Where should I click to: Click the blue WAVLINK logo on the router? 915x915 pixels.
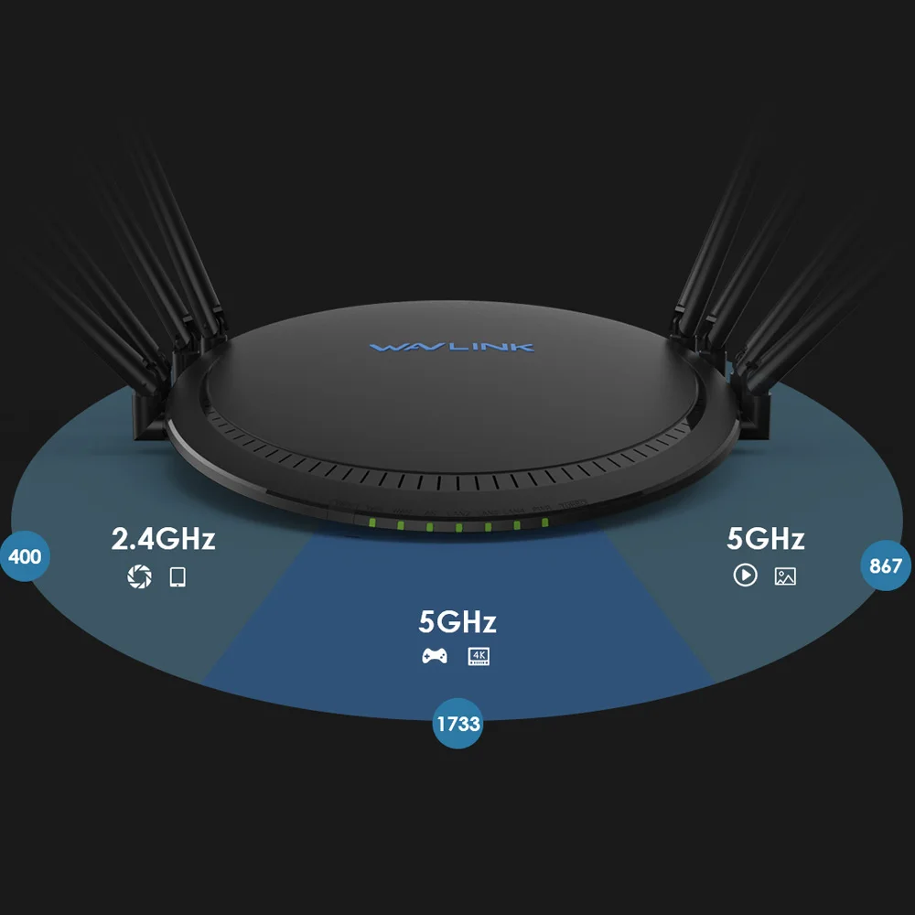[x=452, y=348]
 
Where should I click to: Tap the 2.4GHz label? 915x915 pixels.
[x=163, y=538]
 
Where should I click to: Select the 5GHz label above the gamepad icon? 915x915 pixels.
[x=457, y=622]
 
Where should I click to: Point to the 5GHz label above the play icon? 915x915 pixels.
[x=766, y=539]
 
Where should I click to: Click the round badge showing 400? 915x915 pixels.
[x=24, y=555]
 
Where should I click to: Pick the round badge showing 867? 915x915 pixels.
[x=886, y=565]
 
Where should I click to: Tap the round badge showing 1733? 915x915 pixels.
[x=457, y=724]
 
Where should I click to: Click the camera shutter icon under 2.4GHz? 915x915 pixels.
[x=139, y=576]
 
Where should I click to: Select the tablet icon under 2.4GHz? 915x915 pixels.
[x=178, y=576]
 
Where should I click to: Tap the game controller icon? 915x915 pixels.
[x=434, y=656]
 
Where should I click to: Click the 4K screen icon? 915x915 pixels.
[x=479, y=656]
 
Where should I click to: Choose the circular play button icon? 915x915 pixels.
[x=746, y=576]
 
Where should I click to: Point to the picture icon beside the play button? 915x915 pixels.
[x=785, y=576]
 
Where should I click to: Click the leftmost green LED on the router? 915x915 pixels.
[x=371, y=523]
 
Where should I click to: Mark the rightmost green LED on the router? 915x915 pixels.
[x=544, y=522]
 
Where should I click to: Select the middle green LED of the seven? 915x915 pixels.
[x=458, y=527]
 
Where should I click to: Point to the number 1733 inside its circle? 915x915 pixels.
[x=457, y=724]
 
